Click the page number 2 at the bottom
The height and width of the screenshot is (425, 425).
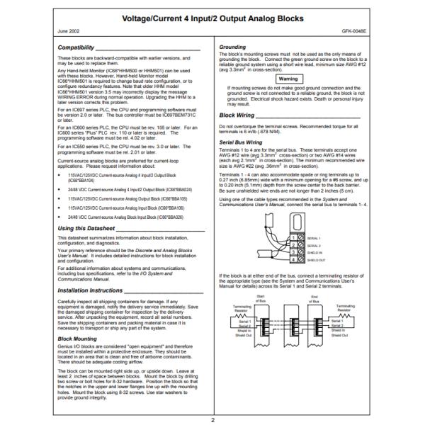click(212, 419)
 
